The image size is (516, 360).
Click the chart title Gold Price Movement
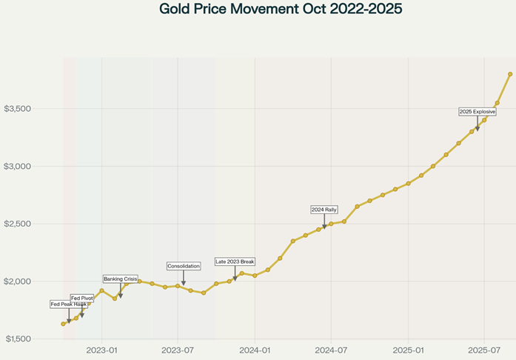[270, 10]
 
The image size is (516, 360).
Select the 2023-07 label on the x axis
[178, 349]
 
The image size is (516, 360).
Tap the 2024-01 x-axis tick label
[255, 349]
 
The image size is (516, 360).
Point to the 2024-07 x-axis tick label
[332, 349]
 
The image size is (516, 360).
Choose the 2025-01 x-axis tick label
[409, 349]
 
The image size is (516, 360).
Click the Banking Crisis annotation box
[120, 279]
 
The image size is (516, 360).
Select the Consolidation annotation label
[184, 266]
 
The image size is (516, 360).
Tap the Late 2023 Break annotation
[235, 261]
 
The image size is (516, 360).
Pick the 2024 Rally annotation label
[324, 210]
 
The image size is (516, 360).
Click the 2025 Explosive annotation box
[478, 112]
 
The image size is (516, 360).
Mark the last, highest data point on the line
[510, 74]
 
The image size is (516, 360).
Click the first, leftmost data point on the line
[63, 324]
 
